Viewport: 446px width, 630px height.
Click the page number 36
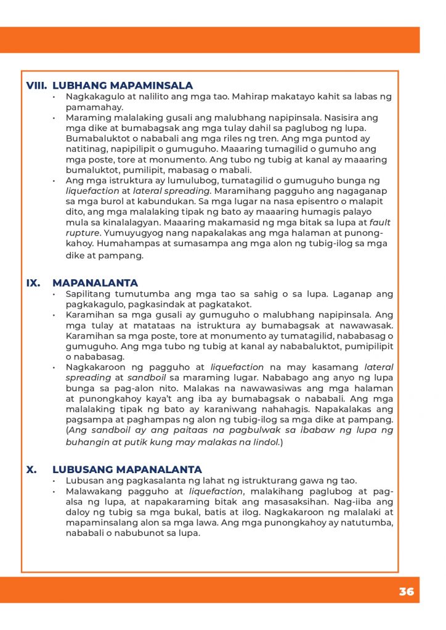coord(406,592)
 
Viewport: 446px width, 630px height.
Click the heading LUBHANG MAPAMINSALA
coord(123,86)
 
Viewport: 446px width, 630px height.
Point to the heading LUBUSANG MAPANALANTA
coord(127,469)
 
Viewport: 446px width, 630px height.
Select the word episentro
coord(317,202)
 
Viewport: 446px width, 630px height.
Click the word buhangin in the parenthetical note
coord(87,442)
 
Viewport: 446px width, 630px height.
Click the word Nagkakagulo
coord(94,97)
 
